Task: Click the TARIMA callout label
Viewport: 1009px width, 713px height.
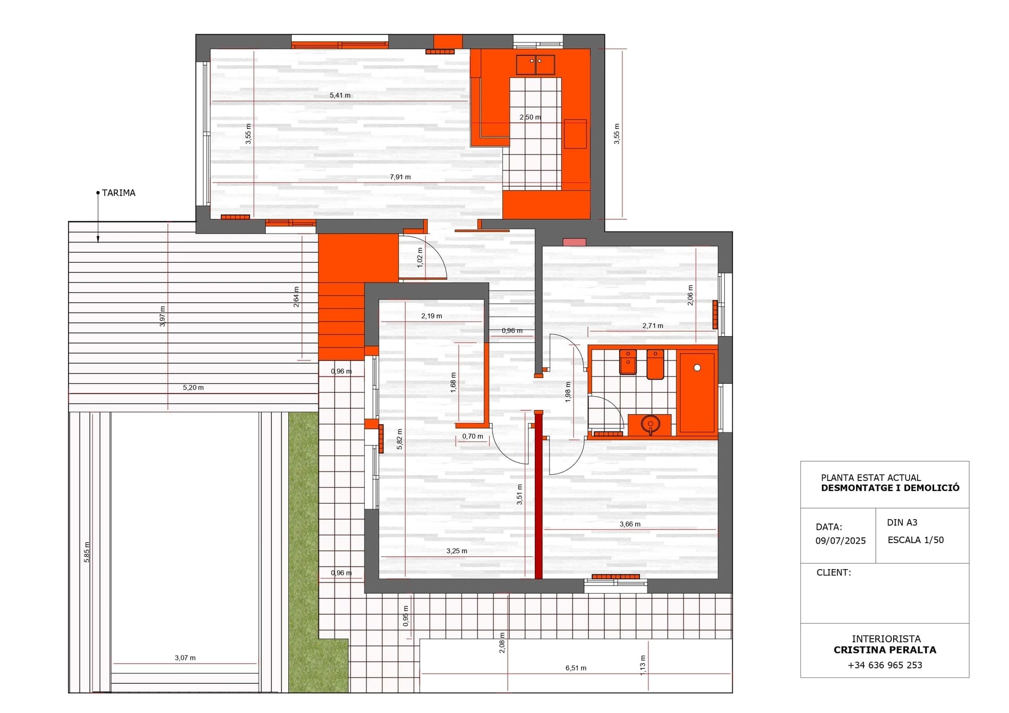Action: [118, 193]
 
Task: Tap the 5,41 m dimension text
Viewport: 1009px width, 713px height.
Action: [340, 96]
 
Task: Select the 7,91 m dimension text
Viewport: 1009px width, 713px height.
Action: [400, 177]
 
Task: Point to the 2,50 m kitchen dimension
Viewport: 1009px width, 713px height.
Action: [530, 117]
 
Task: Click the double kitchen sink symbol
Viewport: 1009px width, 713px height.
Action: [535, 65]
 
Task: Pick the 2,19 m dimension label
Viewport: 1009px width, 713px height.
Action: [431, 316]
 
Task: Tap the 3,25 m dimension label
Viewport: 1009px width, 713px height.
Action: [457, 551]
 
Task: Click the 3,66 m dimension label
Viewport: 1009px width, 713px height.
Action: [630, 524]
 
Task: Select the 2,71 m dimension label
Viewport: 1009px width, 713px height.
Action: [653, 326]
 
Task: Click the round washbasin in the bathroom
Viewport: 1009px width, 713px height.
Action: [651, 424]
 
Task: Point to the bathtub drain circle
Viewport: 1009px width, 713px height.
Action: [697, 367]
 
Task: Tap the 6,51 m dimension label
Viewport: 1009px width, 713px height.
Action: [576, 668]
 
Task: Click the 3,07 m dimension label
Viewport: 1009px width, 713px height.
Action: [185, 658]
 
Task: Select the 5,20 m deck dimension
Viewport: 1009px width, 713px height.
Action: [193, 388]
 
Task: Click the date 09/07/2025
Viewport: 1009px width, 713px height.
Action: [841, 541]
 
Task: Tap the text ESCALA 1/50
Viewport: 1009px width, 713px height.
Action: [916, 540]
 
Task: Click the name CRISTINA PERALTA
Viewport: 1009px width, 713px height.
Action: [885, 650]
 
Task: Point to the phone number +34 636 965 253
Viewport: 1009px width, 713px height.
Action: [885, 665]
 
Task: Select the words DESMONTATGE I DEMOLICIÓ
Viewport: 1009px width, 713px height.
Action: [890, 488]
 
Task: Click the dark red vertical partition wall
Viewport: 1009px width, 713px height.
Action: [538, 495]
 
